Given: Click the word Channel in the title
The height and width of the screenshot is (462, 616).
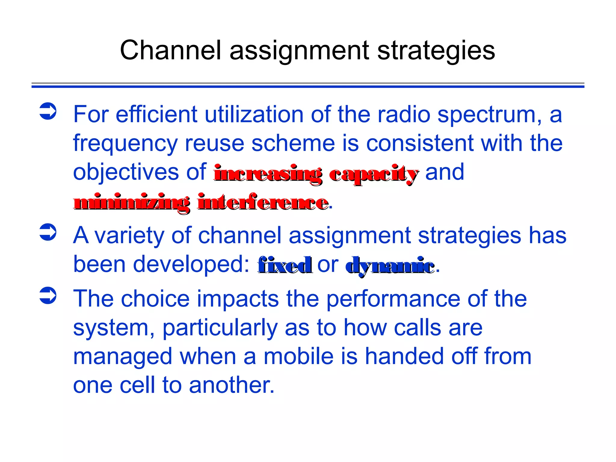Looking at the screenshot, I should pos(170,50).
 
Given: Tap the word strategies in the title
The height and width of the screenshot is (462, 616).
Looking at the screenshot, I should pos(436,50).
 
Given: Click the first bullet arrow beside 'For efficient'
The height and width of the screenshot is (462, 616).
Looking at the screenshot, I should pos(48,111).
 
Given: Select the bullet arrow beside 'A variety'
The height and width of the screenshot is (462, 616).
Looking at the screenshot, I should pos(48,232).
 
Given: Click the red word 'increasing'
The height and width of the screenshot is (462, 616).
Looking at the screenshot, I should pos(268,174).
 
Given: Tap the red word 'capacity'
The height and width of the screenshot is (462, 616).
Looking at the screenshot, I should pos(373,174).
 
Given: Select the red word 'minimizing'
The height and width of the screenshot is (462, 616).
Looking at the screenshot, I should pos(132,203).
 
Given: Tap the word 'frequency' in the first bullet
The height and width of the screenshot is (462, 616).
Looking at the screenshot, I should pos(125,144).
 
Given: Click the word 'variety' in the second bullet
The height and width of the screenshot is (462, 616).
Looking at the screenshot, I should pos(129,236).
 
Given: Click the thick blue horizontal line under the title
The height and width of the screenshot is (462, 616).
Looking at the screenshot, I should pos(308,87).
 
